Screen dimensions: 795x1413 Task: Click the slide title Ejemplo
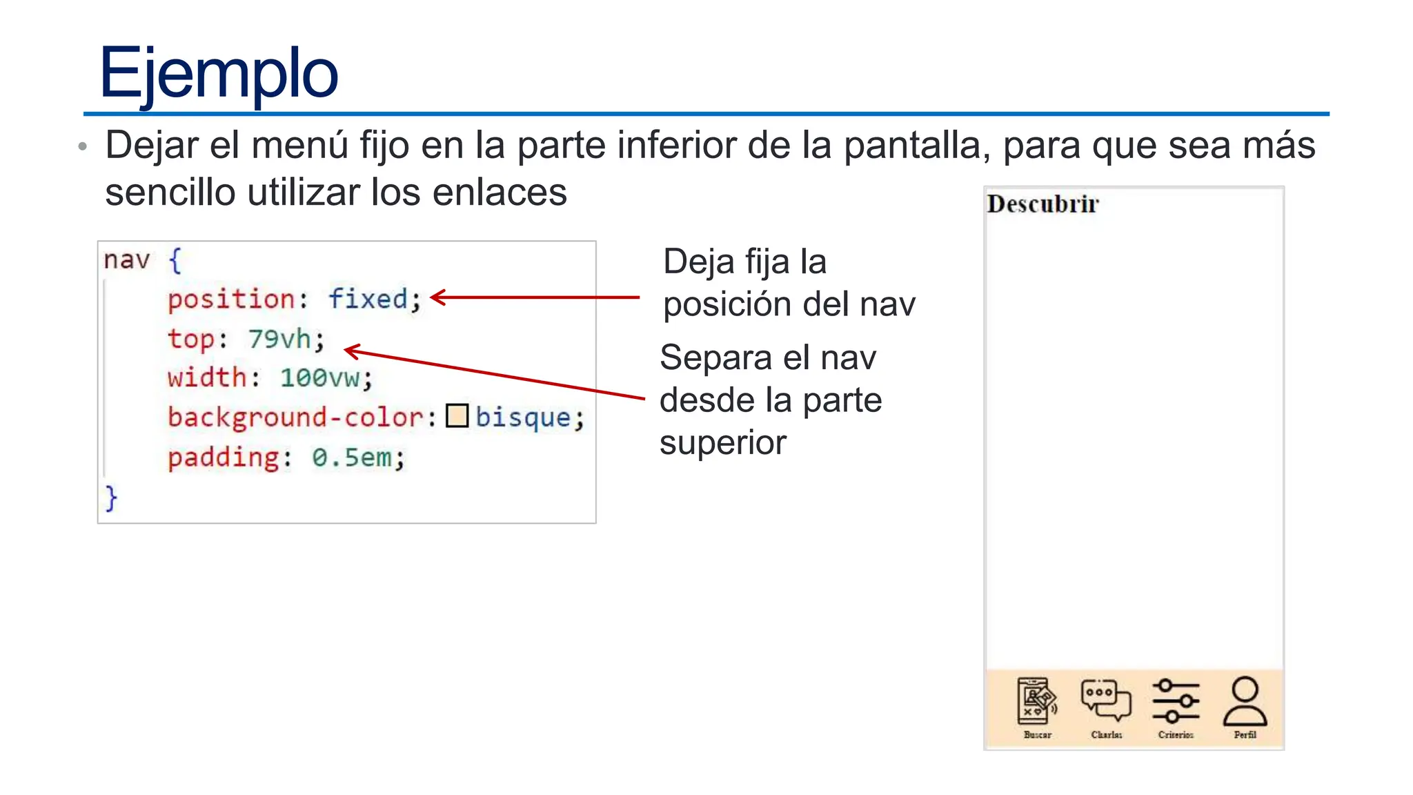point(219,73)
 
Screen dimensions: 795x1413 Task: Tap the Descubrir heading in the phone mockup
point(1042,204)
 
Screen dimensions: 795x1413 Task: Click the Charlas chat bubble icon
point(1106,700)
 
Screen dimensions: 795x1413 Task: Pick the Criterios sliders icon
point(1176,700)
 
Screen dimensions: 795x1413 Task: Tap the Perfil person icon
point(1245,700)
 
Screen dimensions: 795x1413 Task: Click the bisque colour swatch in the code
point(457,416)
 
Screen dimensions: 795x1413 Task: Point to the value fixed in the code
point(368,299)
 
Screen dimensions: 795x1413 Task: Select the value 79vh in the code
point(279,339)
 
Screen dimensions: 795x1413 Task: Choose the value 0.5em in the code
point(352,457)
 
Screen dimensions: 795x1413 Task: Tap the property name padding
point(224,457)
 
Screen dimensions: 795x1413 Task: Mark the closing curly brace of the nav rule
point(111,498)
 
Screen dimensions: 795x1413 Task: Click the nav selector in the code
point(127,260)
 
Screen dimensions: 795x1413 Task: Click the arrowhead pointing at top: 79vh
point(349,351)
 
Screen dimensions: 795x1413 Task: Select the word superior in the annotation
point(722,443)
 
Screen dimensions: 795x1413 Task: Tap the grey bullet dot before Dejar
point(83,146)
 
